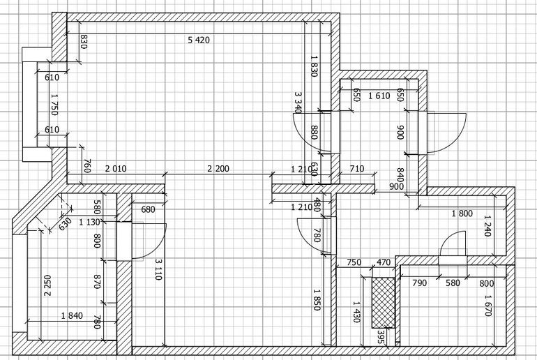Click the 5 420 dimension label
click(x=199, y=40)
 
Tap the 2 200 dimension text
click(x=218, y=169)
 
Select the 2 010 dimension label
click(x=115, y=169)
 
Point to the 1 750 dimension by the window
click(x=54, y=105)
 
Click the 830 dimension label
click(x=84, y=41)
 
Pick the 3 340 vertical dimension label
click(x=298, y=102)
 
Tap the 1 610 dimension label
click(x=379, y=96)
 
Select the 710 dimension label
click(x=356, y=169)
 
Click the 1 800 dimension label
click(x=462, y=213)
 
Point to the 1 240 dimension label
click(x=487, y=225)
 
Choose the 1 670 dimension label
click(x=487, y=306)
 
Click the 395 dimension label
click(x=381, y=337)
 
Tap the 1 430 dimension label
click(x=356, y=312)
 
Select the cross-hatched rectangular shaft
click(x=384, y=303)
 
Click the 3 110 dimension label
click(x=158, y=269)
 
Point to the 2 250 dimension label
click(x=47, y=285)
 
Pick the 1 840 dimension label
click(x=72, y=315)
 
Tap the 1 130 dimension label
click(x=89, y=223)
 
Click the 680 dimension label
click(x=148, y=209)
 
